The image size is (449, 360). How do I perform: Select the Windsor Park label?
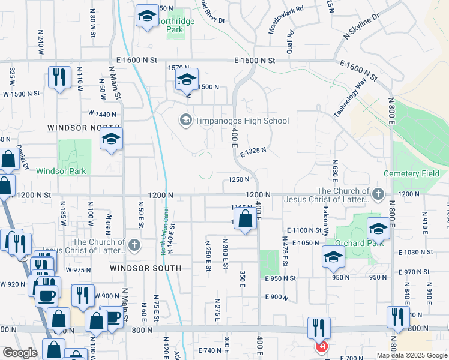coord(61,171)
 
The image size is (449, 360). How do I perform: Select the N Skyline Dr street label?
coord(362,27)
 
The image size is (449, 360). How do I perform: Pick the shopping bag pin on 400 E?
coord(245,220)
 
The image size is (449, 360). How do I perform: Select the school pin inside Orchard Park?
coord(378,229)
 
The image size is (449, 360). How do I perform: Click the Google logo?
coord(20,353)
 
